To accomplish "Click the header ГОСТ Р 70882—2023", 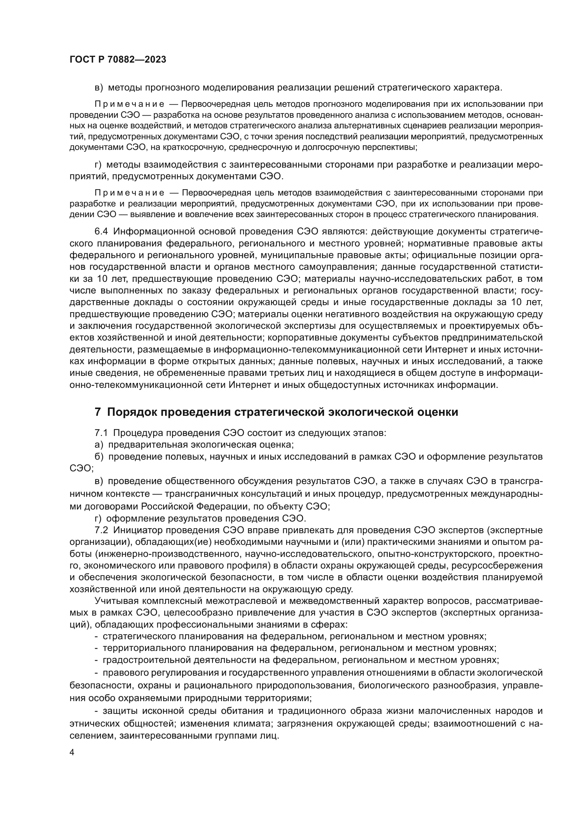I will pyautogui.click(x=118, y=60).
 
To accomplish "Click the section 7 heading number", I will pyautogui.click(x=98, y=412).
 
